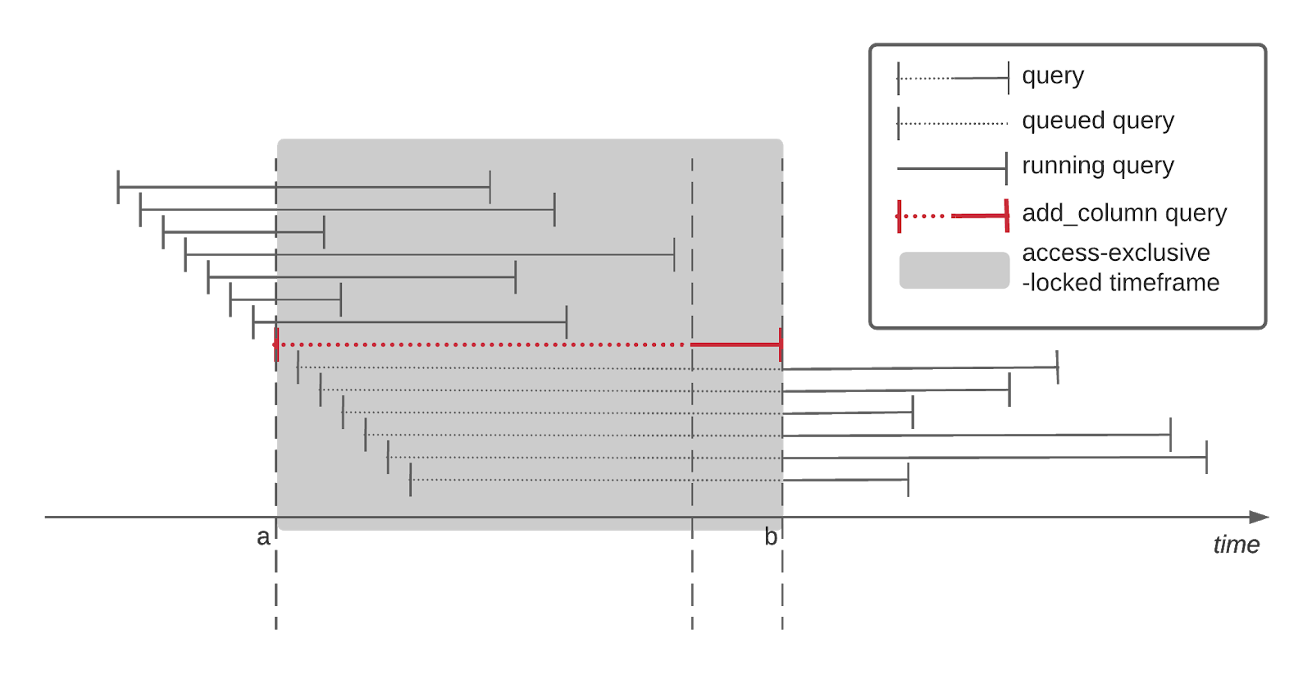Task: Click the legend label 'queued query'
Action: tap(1097, 121)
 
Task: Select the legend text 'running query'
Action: tap(1097, 166)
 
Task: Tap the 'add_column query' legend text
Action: tap(1123, 213)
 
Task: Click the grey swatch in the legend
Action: tap(954, 270)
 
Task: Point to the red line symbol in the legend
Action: tap(953, 216)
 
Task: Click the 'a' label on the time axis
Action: tap(262, 537)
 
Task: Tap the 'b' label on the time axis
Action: tap(770, 537)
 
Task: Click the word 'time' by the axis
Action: tap(1236, 545)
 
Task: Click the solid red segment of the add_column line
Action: tap(736, 344)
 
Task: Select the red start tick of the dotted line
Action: tap(276, 344)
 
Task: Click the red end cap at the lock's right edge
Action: tap(781, 344)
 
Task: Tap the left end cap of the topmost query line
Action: tap(118, 187)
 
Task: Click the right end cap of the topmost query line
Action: tap(490, 187)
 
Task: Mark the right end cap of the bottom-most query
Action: tap(908, 480)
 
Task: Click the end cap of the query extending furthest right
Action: tap(1206, 457)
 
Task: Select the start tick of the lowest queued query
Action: tap(410, 480)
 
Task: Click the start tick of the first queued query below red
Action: tap(298, 367)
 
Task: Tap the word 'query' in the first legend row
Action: tap(1052, 76)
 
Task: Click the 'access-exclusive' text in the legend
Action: tap(1115, 253)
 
